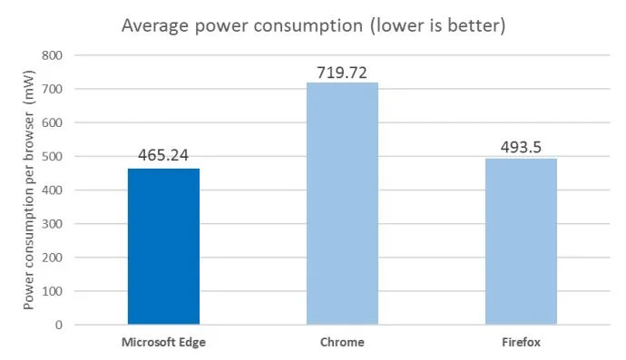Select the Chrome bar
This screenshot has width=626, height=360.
[342, 204]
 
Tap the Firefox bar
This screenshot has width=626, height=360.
[521, 241]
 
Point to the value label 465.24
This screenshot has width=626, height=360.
[163, 155]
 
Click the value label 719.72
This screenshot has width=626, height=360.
[342, 71]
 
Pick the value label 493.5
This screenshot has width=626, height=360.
[521, 147]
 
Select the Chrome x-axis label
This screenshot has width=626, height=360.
[342, 343]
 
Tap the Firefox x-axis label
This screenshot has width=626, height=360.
[521, 343]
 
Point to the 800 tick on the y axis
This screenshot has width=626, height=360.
[51, 55]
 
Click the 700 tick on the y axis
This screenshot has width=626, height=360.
[51, 89]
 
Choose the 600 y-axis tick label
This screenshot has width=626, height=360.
[51, 122]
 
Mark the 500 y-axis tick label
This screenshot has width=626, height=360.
[51, 156]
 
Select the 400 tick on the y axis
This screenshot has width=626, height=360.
[51, 190]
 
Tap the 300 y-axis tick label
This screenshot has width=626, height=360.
[51, 223]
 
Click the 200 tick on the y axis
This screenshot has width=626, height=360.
[51, 257]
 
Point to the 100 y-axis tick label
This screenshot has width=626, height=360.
[51, 290]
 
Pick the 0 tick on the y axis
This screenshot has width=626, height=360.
[57, 324]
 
